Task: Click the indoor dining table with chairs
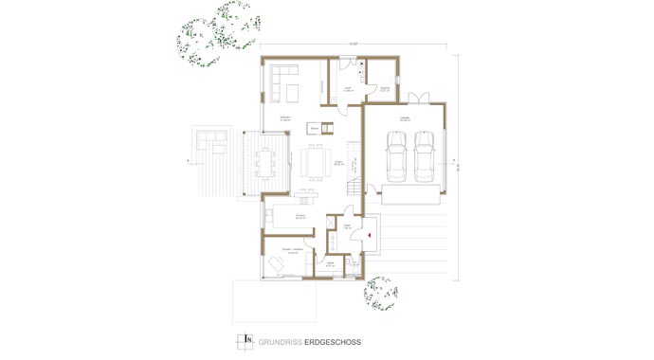coord(314,161)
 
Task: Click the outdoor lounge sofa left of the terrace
coord(212,141)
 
